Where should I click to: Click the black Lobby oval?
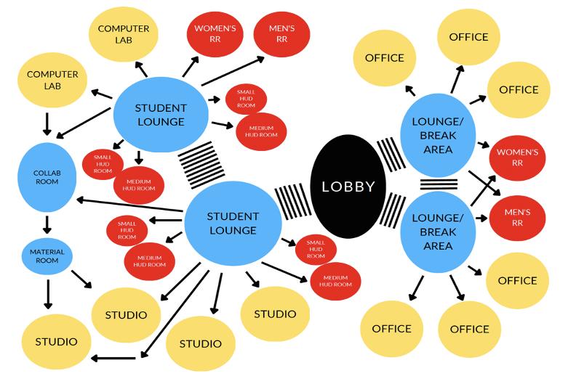coord(348,187)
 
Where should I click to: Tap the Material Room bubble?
coord(47,256)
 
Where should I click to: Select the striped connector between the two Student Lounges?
coord(201,165)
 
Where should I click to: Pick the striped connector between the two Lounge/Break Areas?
coord(439,184)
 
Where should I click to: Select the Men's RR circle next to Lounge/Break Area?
coord(517,217)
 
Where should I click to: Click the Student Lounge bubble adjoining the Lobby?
coord(232,223)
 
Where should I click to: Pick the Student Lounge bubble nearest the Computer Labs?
coord(161,114)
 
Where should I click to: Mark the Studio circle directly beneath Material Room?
coord(56,340)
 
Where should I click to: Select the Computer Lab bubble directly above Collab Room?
coord(53,80)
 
